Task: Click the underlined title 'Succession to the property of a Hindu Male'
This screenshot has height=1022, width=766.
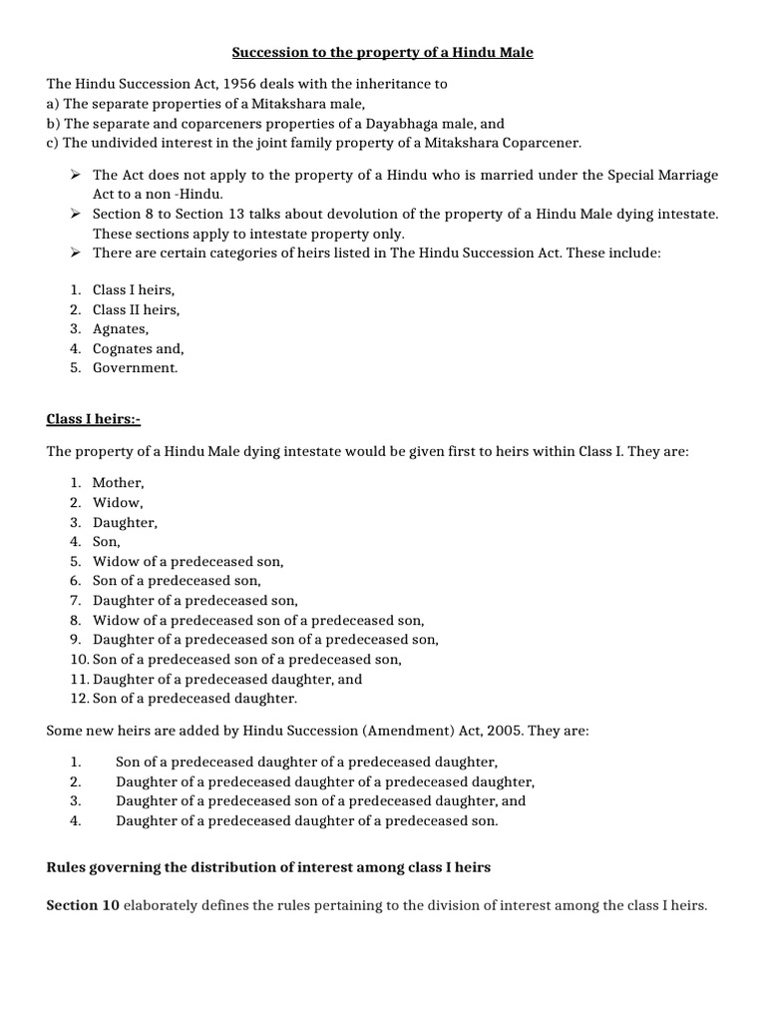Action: pos(382,52)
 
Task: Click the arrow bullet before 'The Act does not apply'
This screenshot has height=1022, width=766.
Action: pos(76,175)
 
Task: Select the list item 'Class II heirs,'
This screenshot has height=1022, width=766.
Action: pos(136,309)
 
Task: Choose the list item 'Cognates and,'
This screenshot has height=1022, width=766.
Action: pos(138,348)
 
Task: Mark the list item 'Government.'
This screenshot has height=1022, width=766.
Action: pos(135,367)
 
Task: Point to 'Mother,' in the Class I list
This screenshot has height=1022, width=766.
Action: pos(118,482)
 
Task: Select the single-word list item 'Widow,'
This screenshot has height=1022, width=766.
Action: pos(118,502)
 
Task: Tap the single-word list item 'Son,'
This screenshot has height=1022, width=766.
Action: pos(106,541)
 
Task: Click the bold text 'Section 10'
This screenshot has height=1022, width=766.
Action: pos(83,905)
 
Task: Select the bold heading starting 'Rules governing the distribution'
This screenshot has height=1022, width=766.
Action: pos(268,867)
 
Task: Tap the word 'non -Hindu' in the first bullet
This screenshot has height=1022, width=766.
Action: pos(189,194)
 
